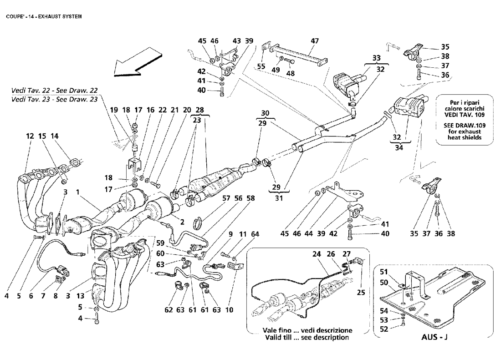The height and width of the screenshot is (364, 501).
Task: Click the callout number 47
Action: (x=315, y=41)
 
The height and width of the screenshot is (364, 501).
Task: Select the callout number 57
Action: (x=226, y=199)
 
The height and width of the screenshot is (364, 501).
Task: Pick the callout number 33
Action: (x=376, y=58)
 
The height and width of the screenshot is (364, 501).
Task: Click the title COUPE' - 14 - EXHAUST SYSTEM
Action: (x=44, y=16)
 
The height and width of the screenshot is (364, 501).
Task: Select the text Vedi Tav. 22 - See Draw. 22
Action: (x=54, y=91)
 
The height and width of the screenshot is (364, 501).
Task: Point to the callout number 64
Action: (x=256, y=234)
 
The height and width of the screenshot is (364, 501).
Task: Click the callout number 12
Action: (x=30, y=136)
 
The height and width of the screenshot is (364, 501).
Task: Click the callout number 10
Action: (x=229, y=310)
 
